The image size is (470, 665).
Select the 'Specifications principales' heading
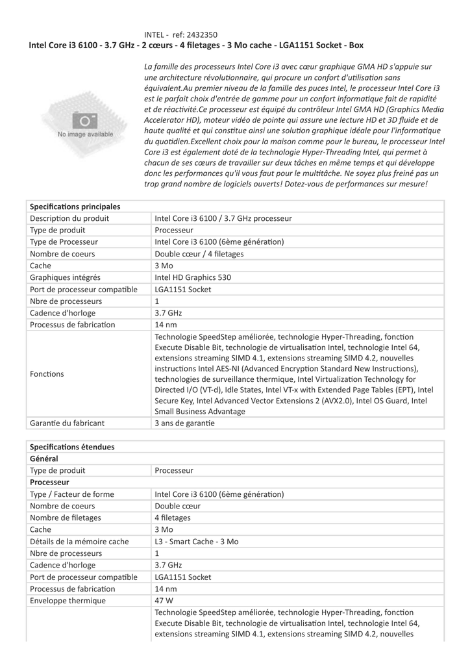coord(75,207)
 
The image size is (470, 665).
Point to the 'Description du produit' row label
coord(69,218)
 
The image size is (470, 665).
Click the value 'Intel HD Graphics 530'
coord(193,277)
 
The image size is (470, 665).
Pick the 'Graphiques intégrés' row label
coord(65,277)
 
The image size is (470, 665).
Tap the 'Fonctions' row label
coord(47,374)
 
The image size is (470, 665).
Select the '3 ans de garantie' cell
coord(184,423)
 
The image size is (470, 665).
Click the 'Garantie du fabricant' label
coord(68,423)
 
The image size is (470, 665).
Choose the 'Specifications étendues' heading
coord(72,447)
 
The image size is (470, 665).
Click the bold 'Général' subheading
coord(44,458)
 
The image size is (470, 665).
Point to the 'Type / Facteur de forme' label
coord(72,494)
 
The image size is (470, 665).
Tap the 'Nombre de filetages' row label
coord(66,518)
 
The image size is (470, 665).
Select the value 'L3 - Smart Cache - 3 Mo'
coord(197,542)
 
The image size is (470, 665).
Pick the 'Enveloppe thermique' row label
coord(68,600)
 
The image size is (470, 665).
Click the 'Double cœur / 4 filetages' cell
coord(199,254)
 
